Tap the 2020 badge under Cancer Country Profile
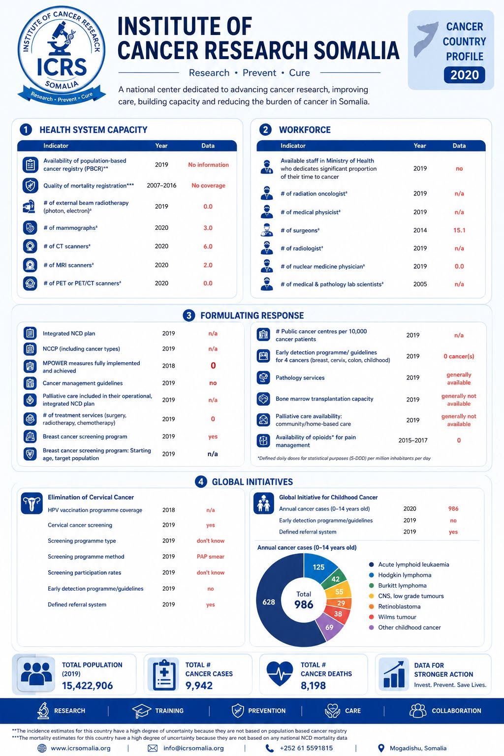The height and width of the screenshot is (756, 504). [465, 75]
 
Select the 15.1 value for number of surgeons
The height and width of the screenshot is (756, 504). [459, 230]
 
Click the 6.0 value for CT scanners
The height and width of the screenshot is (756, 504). [208, 247]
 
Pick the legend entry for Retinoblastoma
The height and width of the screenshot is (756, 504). [394, 606]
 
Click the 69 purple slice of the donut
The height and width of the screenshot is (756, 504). [330, 627]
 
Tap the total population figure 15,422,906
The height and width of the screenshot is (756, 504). [88, 686]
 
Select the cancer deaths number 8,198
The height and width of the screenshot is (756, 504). [313, 686]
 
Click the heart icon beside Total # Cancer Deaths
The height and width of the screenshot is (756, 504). [280, 674]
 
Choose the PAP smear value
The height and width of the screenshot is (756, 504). [211, 557]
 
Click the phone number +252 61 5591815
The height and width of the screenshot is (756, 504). [306, 748]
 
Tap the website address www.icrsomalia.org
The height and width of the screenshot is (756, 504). [81, 748]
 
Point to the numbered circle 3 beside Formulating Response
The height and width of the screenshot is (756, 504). [189, 315]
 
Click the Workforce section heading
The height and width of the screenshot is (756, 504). [305, 130]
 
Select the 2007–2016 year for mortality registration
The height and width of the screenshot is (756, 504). [161, 185]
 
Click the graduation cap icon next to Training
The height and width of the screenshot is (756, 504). [141, 711]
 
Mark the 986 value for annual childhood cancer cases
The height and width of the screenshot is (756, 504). [453, 508]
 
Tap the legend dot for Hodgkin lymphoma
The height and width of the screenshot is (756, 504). [372, 575]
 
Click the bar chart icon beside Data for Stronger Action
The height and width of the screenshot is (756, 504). [394, 674]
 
